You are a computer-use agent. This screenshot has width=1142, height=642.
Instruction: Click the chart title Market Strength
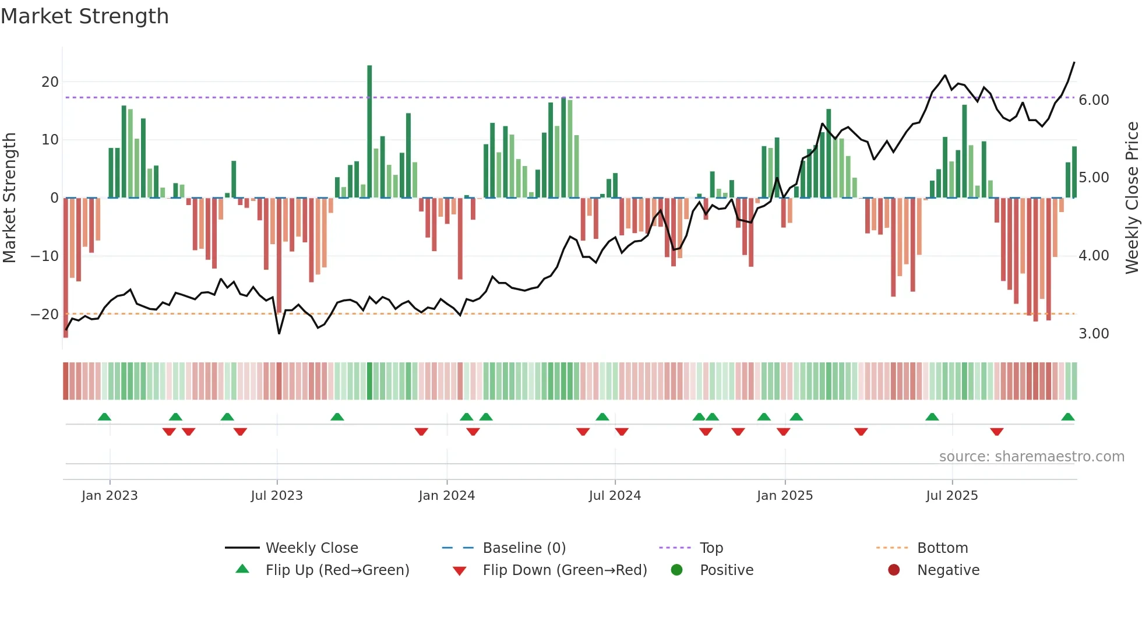pyautogui.click(x=84, y=16)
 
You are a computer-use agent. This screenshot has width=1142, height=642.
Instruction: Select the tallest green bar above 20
pyautogui.click(x=369, y=131)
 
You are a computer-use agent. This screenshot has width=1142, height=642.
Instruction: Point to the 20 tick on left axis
pyautogui.click(x=50, y=82)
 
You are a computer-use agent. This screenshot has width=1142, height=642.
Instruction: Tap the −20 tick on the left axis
pyautogui.click(x=45, y=315)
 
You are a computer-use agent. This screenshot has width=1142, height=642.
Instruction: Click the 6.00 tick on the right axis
pyautogui.click(x=1094, y=100)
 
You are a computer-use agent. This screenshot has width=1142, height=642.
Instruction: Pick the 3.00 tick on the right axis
pyautogui.click(x=1094, y=334)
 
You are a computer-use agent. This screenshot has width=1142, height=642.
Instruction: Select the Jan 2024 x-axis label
pyautogui.click(x=446, y=496)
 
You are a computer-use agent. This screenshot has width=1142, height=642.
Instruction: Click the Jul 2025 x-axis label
pyautogui.click(x=951, y=496)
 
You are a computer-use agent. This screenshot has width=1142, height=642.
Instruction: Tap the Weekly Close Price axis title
pyautogui.click(x=1132, y=198)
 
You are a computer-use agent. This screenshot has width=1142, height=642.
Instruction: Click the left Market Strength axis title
pyautogui.click(x=9, y=198)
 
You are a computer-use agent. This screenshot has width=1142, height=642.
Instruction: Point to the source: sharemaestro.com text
pyautogui.click(x=1031, y=457)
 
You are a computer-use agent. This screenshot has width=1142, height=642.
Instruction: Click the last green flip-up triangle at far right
pyautogui.click(x=1067, y=417)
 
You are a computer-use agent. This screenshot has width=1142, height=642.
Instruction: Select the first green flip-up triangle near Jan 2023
pyautogui.click(x=104, y=417)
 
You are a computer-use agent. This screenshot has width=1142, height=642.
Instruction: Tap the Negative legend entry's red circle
pyautogui.click(x=894, y=570)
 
